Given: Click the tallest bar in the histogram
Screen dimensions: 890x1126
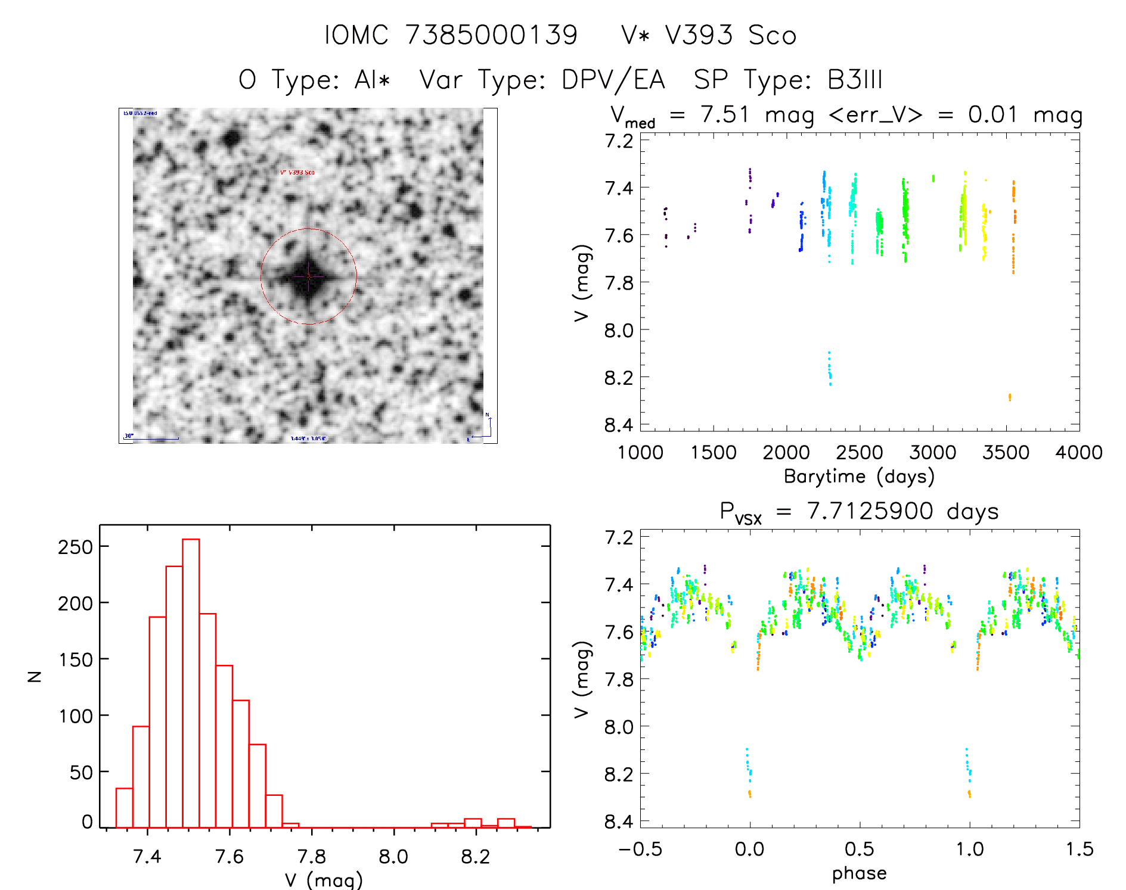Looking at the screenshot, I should click(191, 683).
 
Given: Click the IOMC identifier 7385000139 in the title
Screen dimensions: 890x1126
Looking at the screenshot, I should click(491, 35).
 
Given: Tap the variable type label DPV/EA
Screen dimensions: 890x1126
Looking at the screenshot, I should click(613, 80).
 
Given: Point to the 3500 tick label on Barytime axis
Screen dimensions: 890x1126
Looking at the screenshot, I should click(1006, 453).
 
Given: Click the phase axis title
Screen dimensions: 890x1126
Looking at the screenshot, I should click(859, 873).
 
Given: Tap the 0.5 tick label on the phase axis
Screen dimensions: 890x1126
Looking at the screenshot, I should click(859, 849).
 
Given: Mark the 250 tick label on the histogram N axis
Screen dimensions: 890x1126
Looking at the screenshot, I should click(75, 547).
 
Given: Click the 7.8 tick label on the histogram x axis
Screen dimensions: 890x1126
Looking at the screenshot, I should click(311, 857).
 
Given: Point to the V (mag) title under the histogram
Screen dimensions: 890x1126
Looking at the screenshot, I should click(323, 880).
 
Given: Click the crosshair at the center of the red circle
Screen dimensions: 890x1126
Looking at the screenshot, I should click(308, 276).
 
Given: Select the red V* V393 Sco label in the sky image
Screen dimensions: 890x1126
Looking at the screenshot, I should click(297, 172).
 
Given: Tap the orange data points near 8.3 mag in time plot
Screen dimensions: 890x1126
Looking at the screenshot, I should click(1009, 397).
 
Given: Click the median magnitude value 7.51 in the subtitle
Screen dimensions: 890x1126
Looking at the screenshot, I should click(724, 114).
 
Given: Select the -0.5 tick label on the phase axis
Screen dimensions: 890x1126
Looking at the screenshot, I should click(640, 849).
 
